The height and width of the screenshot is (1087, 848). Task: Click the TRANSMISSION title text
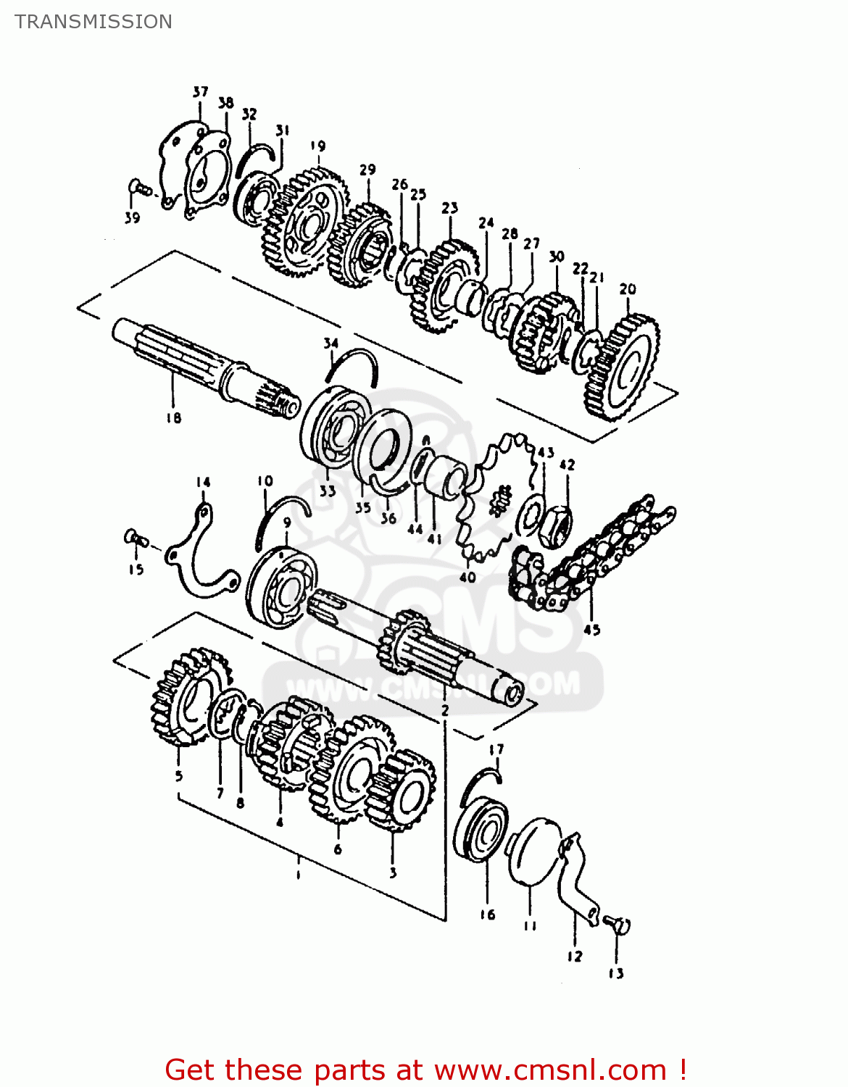pyautogui.click(x=93, y=22)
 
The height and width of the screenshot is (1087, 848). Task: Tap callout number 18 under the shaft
pyautogui.click(x=173, y=417)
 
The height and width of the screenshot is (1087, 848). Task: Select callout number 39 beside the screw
pyautogui.click(x=132, y=217)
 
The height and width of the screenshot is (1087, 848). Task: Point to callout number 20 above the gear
pyautogui.click(x=628, y=288)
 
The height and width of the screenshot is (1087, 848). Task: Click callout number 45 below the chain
pyautogui.click(x=592, y=629)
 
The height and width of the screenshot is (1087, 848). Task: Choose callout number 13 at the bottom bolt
pyautogui.click(x=616, y=973)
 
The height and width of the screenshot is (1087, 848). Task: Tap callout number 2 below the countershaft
pyautogui.click(x=445, y=710)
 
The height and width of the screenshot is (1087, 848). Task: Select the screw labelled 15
pyautogui.click(x=135, y=538)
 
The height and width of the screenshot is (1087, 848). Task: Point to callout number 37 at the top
pyautogui.click(x=200, y=92)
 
